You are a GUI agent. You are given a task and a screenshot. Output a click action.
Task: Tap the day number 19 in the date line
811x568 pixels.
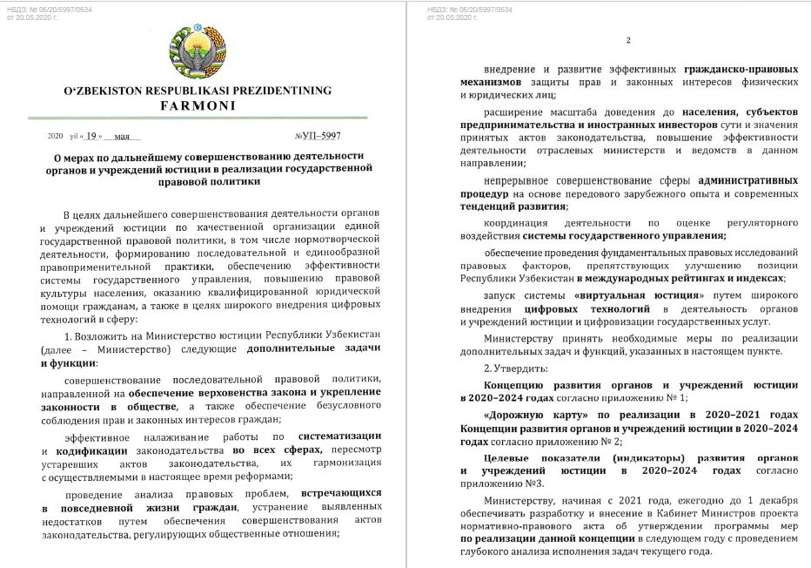pos(91,137)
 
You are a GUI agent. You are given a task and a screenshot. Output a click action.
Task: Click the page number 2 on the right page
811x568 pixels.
pos(628,42)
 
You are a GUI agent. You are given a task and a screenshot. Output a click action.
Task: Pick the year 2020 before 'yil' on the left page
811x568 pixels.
pos(56,137)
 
